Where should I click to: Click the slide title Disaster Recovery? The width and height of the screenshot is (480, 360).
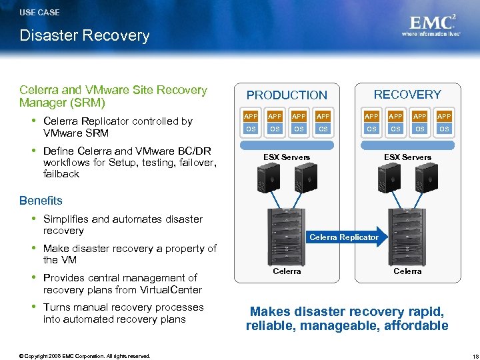[85, 35]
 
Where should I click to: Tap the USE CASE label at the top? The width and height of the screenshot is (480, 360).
[39, 12]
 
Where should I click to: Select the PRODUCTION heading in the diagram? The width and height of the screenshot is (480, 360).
[287, 95]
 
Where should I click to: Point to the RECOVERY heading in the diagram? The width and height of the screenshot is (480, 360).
[407, 95]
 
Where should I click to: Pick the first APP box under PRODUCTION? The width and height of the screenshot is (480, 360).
[251, 116]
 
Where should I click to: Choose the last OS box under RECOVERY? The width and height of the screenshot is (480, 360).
[444, 129]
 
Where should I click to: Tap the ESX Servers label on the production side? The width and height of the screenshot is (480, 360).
[287, 157]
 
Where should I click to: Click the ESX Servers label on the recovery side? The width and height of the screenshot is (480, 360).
[407, 157]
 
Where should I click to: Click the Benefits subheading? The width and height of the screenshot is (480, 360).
[41, 201]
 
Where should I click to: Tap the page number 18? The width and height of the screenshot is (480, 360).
[467, 356]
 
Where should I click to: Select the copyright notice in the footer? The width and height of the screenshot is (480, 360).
[85, 356]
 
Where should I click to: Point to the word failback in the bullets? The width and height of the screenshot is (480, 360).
[61, 174]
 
